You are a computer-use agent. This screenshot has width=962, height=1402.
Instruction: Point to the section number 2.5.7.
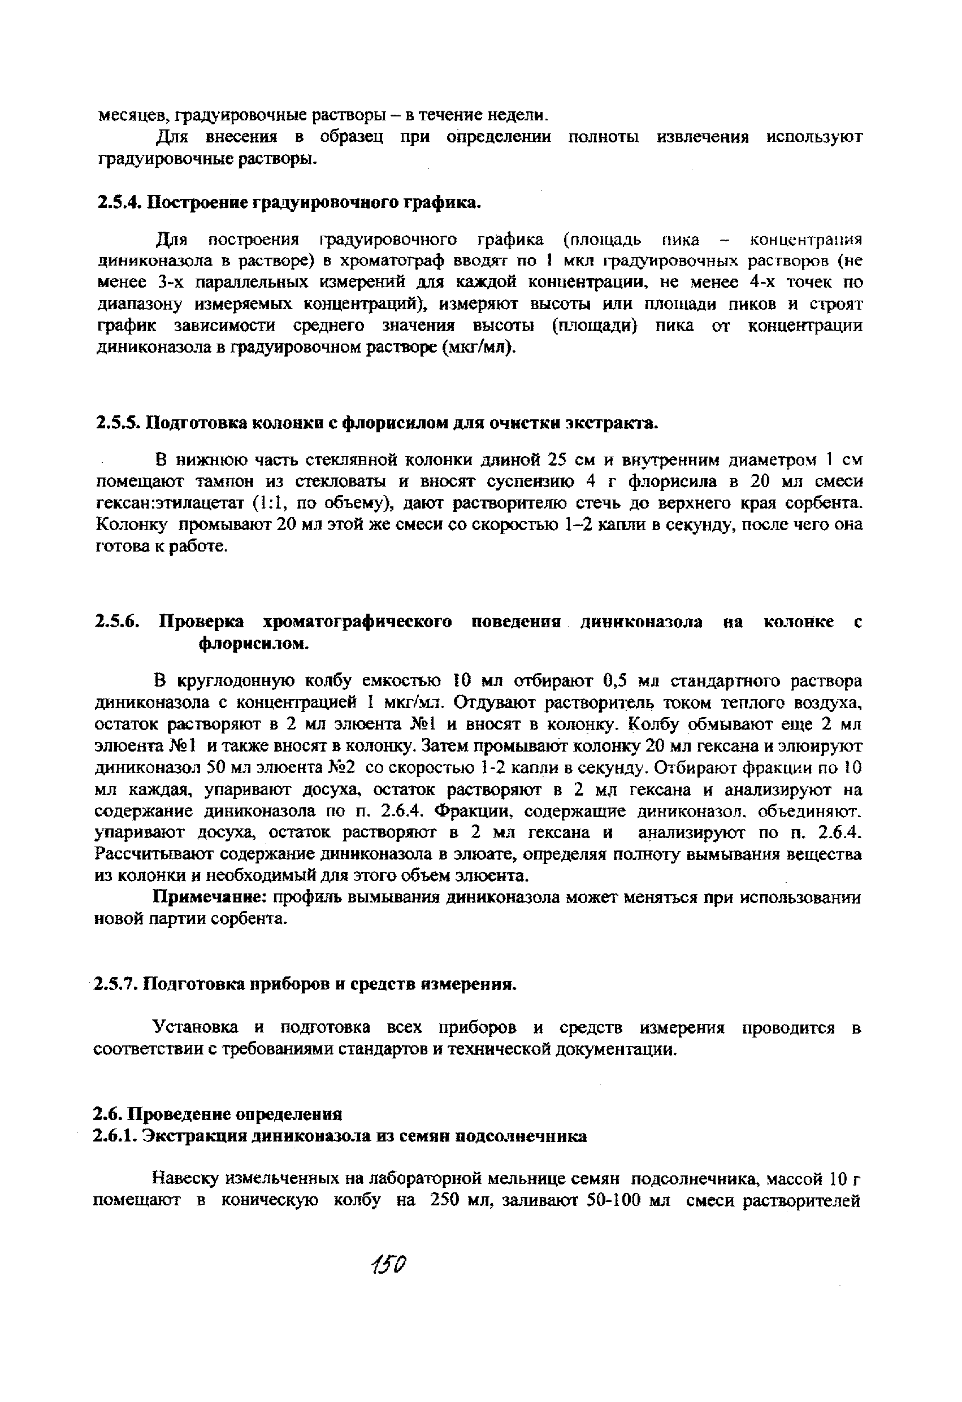116,984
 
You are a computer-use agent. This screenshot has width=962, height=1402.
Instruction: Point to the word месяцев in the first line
125,115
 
